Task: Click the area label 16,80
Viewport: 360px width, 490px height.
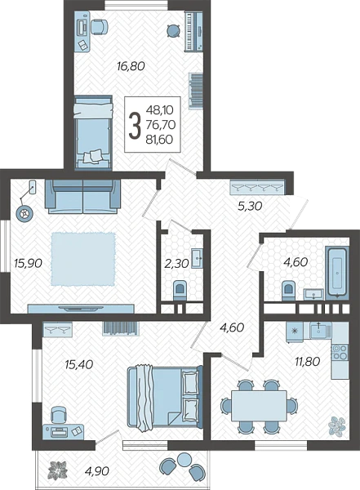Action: [131, 66]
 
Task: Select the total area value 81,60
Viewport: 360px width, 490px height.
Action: [159, 140]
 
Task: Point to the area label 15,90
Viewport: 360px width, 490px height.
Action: [28, 263]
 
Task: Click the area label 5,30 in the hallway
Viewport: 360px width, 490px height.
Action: [250, 206]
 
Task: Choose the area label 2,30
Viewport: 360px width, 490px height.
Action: [176, 264]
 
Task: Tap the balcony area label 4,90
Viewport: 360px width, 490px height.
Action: [97, 470]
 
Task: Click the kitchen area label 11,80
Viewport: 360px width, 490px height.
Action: [308, 362]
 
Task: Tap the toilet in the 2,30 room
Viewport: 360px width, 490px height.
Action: [180, 289]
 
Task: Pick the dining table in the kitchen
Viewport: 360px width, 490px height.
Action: [259, 406]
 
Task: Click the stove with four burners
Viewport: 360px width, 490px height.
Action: [340, 352]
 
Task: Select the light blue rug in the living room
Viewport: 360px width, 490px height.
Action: [83, 259]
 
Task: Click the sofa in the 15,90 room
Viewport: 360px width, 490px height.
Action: [82, 197]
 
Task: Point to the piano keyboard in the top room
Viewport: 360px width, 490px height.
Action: [193, 31]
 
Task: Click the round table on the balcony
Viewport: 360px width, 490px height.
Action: [185, 459]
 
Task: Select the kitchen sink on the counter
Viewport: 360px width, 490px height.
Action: [321, 330]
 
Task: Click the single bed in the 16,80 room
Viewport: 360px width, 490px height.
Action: [93, 133]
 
